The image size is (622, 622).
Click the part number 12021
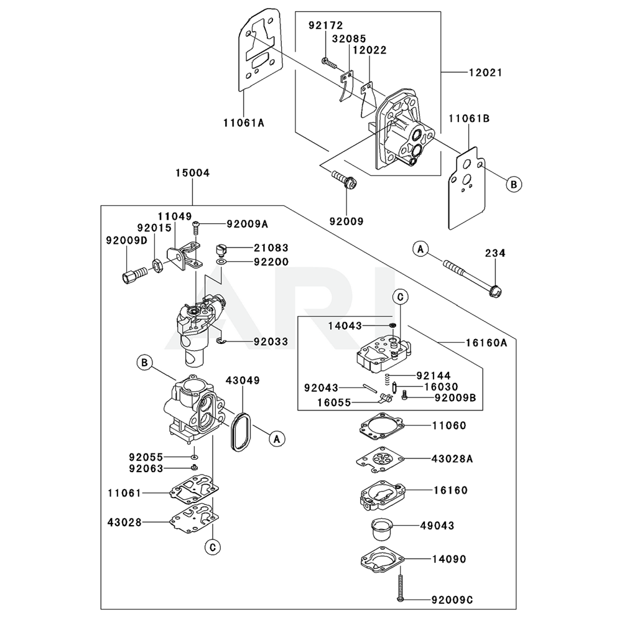click(x=486, y=73)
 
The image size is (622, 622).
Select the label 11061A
click(x=243, y=123)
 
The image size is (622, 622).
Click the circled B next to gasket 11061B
click(x=514, y=184)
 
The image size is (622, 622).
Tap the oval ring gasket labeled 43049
click(x=240, y=430)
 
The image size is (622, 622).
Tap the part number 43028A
click(x=453, y=459)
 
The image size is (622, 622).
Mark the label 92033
click(x=271, y=341)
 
